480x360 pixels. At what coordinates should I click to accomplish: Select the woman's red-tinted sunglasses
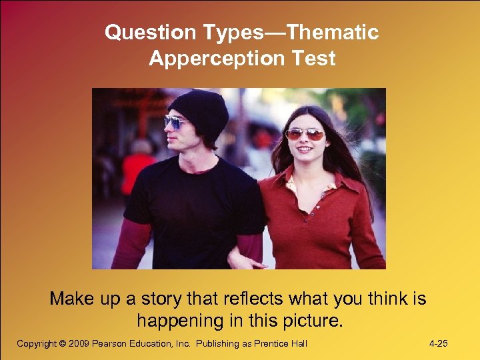point(304,134)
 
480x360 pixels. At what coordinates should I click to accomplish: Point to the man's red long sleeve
point(131,243)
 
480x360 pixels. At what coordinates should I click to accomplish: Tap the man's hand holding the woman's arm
point(240,262)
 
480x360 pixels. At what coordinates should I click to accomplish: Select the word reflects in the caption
point(253,299)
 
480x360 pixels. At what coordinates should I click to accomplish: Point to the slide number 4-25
point(438,344)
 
